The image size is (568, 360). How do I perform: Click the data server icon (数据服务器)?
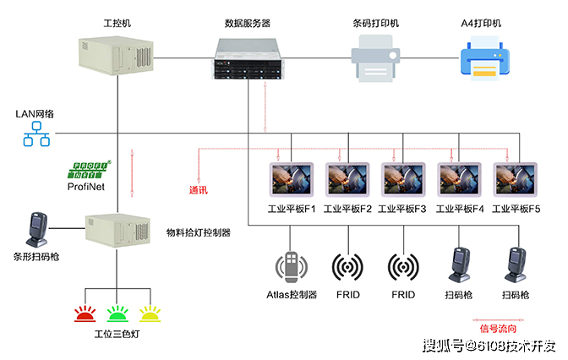248,58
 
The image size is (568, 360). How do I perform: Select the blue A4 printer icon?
484,58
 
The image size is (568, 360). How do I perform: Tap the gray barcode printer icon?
375,58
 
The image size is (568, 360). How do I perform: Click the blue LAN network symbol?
36,134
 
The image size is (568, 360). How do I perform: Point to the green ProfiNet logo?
88,170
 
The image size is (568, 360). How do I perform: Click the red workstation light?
85,314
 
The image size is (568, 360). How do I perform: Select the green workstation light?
117,314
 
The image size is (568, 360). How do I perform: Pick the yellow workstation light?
150,314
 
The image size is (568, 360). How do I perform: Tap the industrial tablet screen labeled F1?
292,180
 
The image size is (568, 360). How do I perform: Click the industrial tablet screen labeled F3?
403,180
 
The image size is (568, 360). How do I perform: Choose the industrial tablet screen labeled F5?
515,180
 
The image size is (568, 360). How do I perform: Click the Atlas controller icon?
292,267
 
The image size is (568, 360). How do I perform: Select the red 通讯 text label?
199,190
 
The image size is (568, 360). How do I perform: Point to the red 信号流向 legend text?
498,329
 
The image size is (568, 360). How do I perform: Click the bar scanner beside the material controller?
37,230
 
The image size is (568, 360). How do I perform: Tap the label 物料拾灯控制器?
199,232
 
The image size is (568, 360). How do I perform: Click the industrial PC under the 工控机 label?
117,56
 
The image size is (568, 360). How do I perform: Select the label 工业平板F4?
460,209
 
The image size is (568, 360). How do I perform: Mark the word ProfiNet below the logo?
86,187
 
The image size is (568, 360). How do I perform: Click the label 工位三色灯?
117,334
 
